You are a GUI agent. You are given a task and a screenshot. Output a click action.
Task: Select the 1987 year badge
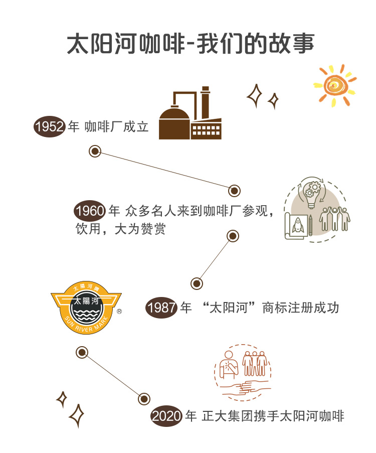161,307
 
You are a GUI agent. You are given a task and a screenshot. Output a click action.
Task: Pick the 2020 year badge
167,416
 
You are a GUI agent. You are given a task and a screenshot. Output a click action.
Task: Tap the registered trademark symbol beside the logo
119,311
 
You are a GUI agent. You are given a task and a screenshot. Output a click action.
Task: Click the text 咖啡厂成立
117,127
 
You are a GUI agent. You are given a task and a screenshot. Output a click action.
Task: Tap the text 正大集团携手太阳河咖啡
273,416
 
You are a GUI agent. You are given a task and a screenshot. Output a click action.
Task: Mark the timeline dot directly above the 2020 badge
144,399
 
